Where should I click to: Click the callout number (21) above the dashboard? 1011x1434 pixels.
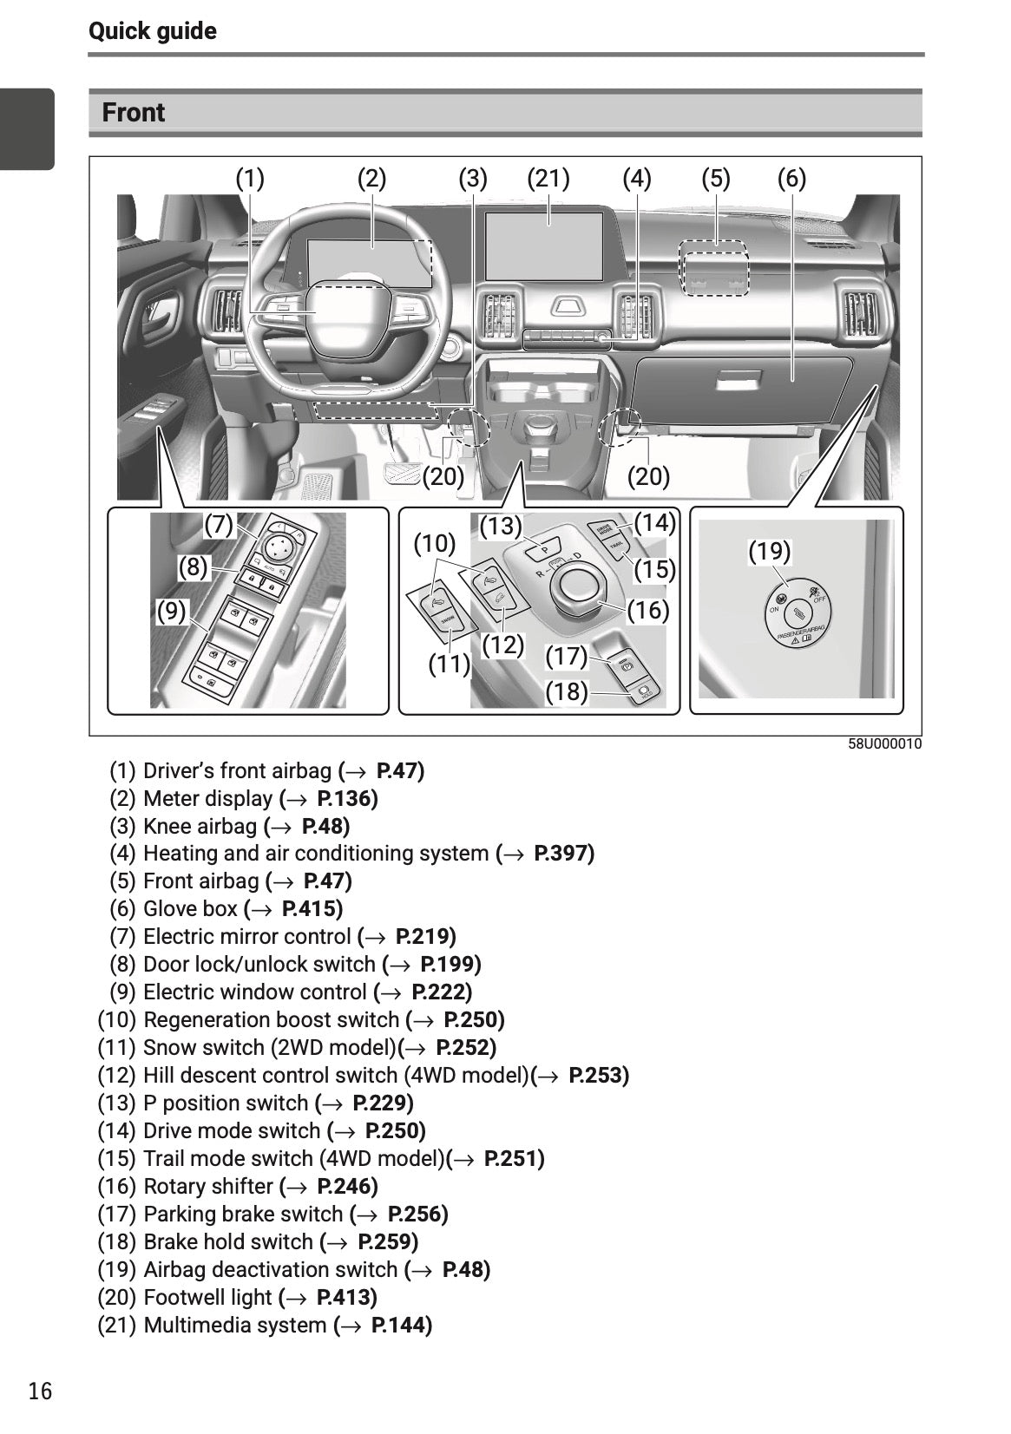tap(548, 179)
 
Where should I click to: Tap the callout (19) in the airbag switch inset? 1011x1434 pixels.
tap(769, 552)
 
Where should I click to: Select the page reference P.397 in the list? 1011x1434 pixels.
tap(564, 854)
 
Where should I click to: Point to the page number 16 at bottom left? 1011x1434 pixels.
tap(40, 1391)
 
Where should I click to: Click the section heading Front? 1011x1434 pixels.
tap(133, 113)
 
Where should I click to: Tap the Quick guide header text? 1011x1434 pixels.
tap(153, 31)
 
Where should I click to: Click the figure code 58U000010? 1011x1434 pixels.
tap(884, 744)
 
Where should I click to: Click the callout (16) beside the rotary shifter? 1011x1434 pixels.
tap(648, 611)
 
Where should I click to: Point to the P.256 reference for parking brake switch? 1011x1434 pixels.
tap(417, 1215)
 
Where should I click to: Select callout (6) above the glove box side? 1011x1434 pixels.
tap(791, 179)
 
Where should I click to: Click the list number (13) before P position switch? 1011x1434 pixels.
tap(116, 1103)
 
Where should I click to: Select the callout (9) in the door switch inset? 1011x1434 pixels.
tap(171, 612)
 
